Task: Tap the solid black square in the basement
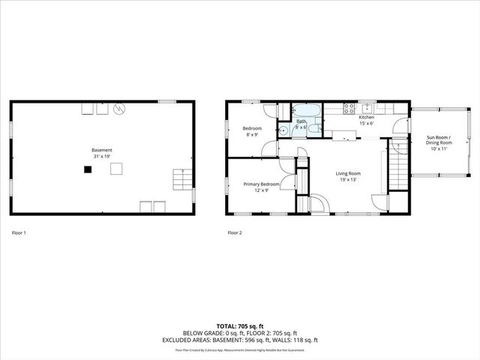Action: pos(88,169)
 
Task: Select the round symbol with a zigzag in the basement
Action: pos(118,109)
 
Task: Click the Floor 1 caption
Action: pos(19,233)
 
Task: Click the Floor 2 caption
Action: pos(235,233)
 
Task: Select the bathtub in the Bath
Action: pos(306,111)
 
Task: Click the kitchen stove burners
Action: pos(349,108)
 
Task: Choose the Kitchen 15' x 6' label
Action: pos(366,120)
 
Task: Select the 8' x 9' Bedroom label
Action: pos(251,131)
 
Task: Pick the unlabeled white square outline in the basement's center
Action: pos(117,169)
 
